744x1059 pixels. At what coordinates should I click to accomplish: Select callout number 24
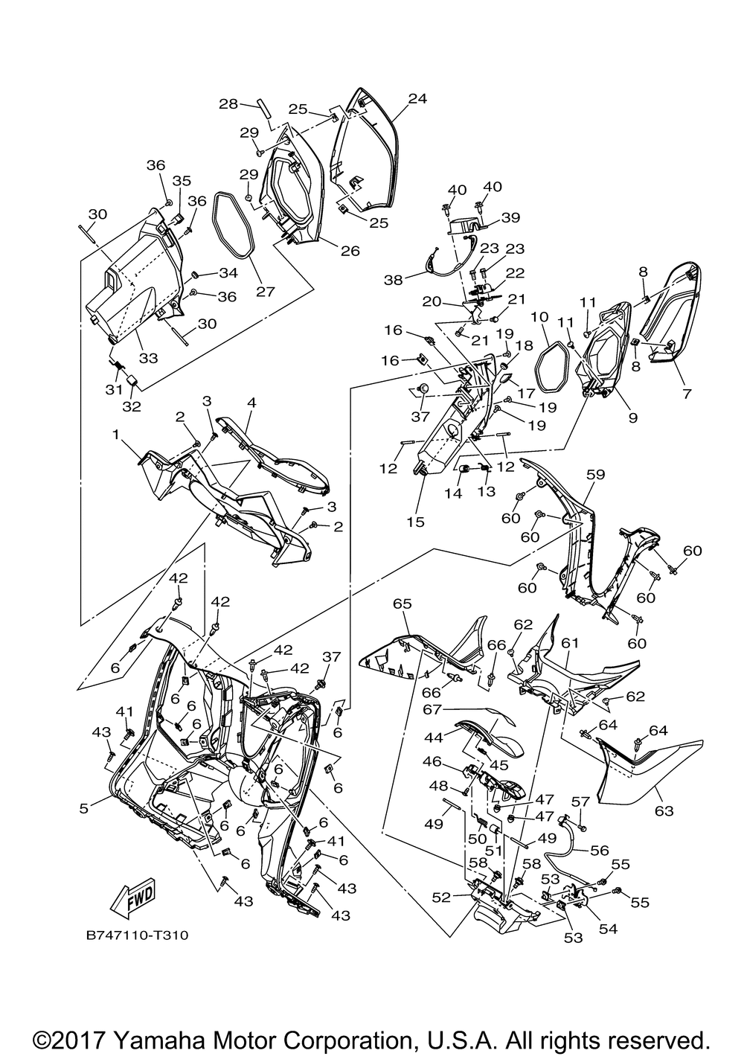tap(417, 98)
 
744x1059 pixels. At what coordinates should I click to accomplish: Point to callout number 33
tap(148, 357)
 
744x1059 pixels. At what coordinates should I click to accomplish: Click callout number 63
tap(661, 809)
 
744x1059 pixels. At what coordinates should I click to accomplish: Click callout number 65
tap(403, 604)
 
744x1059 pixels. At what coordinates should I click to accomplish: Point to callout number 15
tap(415, 522)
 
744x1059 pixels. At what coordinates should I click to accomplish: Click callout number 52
tap(441, 898)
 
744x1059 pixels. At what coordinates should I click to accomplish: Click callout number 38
tap(393, 280)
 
